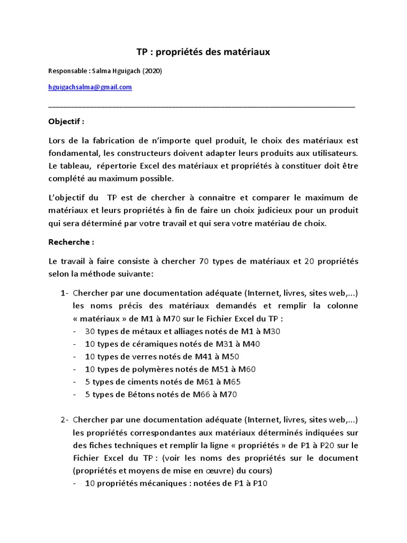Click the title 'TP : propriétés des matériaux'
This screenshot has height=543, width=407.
pyautogui.click(x=203, y=52)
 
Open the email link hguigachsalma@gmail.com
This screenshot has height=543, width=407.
pyautogui.click(x=90, y=87)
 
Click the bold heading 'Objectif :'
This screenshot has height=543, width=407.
pyautogui.click(x=66, y=121)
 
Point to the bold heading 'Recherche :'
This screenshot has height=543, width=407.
pyautogui.click(x=71, y=242)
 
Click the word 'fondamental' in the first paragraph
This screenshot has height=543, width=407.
pyautogui.click(x=70, y=153)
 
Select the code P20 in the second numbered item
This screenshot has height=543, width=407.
pyautogui.click(x=328, y=445)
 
